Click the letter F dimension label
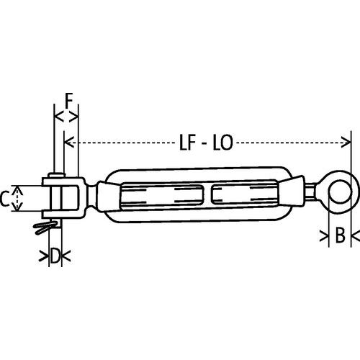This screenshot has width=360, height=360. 67,99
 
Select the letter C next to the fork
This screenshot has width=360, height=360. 6,199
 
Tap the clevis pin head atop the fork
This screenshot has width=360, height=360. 56,176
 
